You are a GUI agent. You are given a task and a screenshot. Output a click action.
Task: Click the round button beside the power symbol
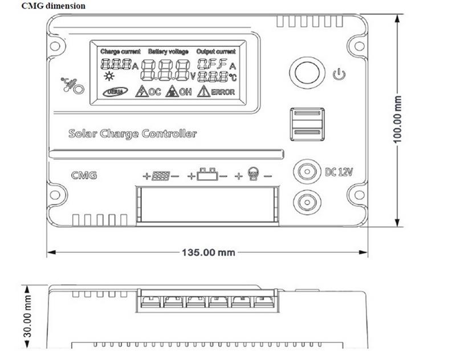coord(308,73)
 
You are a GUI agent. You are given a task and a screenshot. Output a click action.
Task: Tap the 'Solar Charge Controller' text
coord(132,134)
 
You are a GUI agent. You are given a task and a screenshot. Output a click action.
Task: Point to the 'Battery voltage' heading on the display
coord(168,51)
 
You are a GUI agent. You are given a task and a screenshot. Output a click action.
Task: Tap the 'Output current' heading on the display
coord(216,51)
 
